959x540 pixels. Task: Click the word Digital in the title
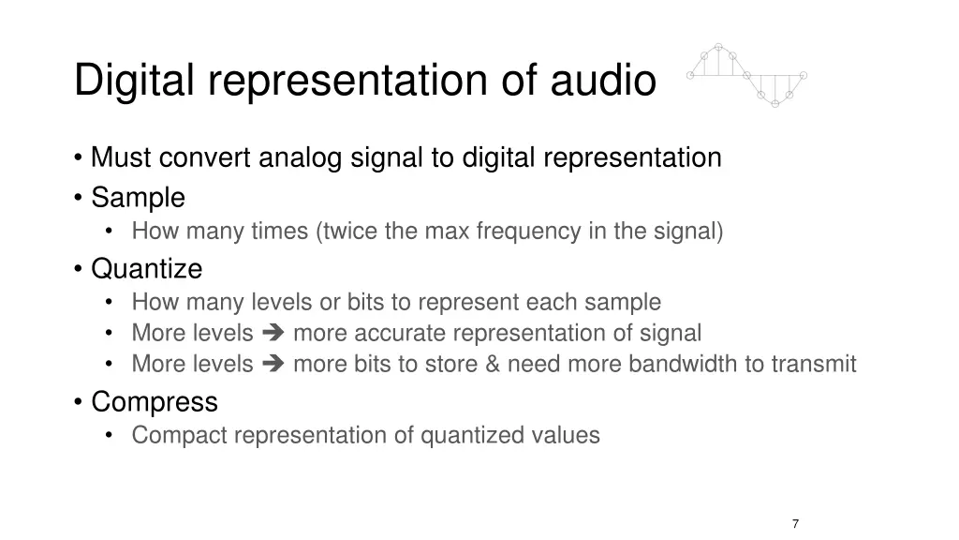[x=133, y=80]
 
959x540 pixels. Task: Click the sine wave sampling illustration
[x=746, y=74]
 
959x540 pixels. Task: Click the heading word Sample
[x=138, y=198]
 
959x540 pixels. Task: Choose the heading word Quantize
[x=146, y=269]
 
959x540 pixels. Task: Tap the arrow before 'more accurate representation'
[x=273, y=334]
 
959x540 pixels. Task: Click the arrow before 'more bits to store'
[x=273, y=365]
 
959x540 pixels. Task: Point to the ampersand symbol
[x=493, y=364]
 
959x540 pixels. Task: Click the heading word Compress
[x=155, y=402]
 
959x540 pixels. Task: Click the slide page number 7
[x=795, y=524]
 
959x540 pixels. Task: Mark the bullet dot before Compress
[x=79, y=403]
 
